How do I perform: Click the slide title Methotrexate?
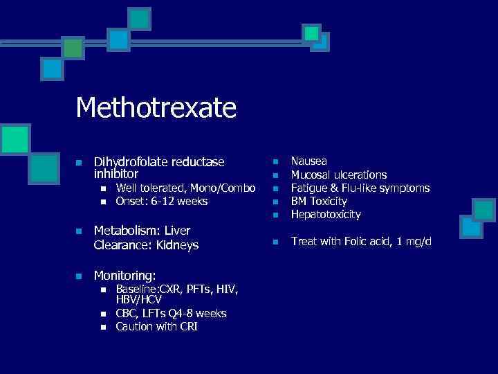(x=156, y=107)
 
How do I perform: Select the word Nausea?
(x=308, y=161)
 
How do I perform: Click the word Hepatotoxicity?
(x=326, y=215)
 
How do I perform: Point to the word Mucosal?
(x=311, y=175)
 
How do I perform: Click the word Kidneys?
(x=177, y=245)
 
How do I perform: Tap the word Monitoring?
(x=124, y=275)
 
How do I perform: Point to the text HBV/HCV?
(x=138, y=300)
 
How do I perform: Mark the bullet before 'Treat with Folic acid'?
(x=275, y=242)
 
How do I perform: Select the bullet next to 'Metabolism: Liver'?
(x=79, y=231)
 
